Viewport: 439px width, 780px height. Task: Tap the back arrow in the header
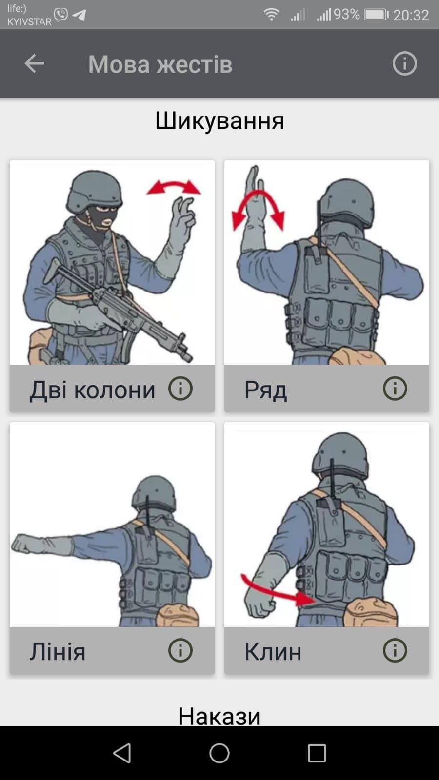point(34,63)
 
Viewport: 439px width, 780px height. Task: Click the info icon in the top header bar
point(404,64)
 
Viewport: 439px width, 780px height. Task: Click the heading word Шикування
point(219,121)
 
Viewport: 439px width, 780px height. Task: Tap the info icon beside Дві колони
point(180,388)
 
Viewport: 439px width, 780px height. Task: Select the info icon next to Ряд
point(395,388)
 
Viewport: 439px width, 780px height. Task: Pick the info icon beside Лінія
point(180,650)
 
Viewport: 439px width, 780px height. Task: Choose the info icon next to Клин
point(395,650)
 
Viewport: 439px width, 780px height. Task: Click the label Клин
point(273,651)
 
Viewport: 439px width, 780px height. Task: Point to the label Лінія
point(58,651)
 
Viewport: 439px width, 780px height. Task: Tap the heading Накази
point(219,716)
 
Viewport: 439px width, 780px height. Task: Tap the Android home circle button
point(219,753)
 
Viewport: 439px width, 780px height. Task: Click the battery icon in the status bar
point(376,15)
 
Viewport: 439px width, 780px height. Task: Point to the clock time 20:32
point(411,15)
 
